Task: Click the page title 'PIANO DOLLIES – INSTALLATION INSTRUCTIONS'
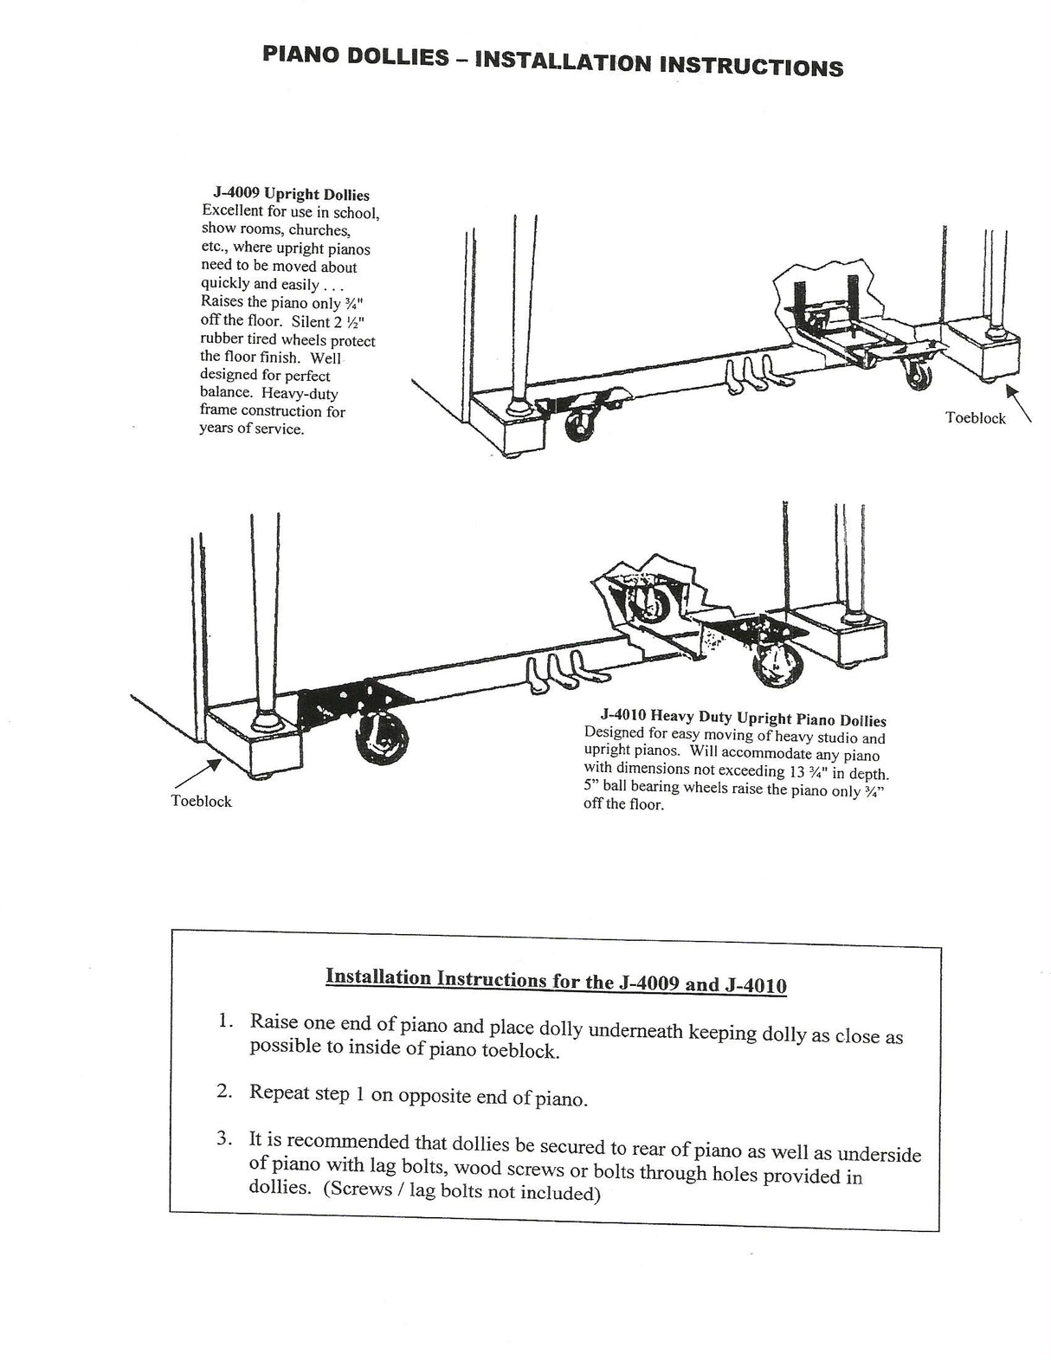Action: click(x=551, y=62)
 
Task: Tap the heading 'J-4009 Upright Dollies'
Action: click(x=291, y=195)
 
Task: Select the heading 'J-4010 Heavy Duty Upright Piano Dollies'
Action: click(x=743, y=719)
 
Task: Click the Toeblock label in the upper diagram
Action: click(x=976, y=418)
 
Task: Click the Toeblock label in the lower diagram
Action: click(x=202, y=801)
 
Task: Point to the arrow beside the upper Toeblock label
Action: click(x=1018, y=403)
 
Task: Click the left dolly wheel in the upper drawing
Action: click(x=574, y=427)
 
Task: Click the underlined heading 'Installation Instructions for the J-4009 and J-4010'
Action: click(x=556, y=981)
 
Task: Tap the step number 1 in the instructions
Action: click(x=226, y=1022)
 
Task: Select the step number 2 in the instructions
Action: click(x=224, y=1091)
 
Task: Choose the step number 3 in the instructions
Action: click(x=224, y=1139)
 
